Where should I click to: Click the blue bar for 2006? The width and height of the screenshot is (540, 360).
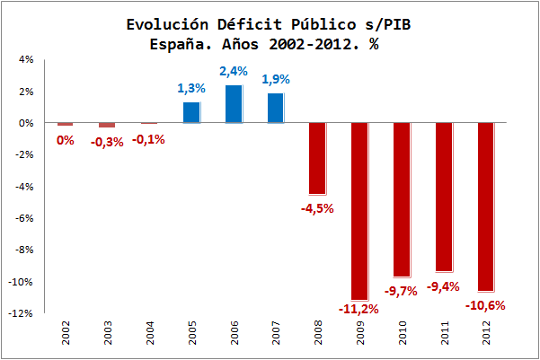click(x=233, y=104)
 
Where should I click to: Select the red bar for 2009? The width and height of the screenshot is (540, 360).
click(x=359, y=211)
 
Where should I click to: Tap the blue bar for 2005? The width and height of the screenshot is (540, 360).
click(x=190, y=112)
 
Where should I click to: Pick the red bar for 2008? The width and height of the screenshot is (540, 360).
click(x=317, y=158)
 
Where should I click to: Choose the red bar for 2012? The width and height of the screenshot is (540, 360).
click(x=486, y=206)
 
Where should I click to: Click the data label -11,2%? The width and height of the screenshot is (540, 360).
click(x=359, y=309)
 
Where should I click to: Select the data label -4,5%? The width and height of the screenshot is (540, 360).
click(x=317, y=208)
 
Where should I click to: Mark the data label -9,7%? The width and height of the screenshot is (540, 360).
click(x=402, y=291)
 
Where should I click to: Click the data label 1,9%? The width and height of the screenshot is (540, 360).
click(x=275, y=80)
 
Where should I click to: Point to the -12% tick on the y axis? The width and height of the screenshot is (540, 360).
click(x=22, y=313)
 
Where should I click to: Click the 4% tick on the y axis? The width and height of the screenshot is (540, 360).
click(x=25, y=59)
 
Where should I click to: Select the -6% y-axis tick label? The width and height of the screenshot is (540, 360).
click(x=23, y=218)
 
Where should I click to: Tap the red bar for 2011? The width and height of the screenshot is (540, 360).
click(x=444, y=198)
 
